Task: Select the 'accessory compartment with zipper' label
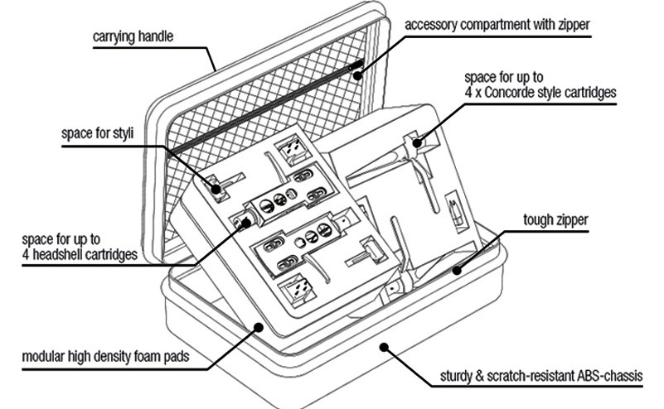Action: pos(497,24)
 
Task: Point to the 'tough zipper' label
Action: pos(555,222)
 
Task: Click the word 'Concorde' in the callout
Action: pos(516,94)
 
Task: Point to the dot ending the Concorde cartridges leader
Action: pos(420,142)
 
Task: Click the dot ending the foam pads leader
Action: pos(259,327)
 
